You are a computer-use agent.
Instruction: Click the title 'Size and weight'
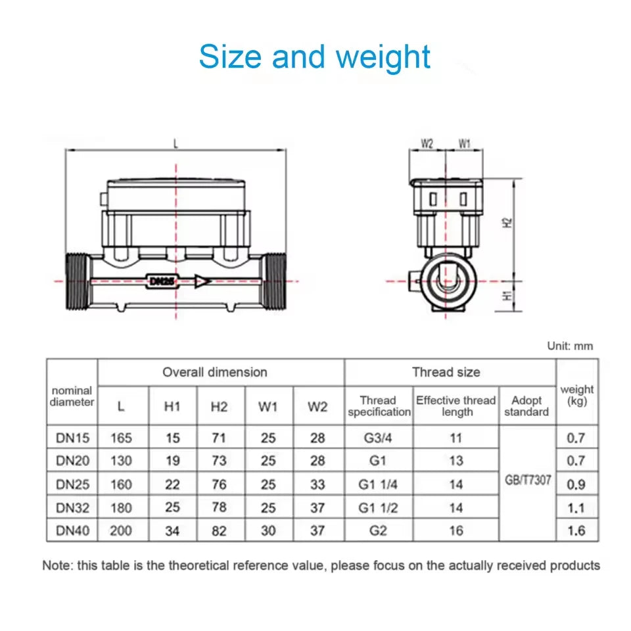315,57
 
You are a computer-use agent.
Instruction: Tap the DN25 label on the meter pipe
160,281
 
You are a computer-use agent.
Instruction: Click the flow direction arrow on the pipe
202,281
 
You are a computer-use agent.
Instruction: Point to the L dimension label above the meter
176,143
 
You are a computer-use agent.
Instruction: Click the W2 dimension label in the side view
427,143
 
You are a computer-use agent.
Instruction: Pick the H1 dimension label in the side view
507,296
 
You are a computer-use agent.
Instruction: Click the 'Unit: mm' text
570,346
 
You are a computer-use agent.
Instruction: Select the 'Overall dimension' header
215,372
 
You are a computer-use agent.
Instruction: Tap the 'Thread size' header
446,372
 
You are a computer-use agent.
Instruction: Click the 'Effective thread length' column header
456,406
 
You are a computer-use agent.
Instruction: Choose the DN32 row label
72,507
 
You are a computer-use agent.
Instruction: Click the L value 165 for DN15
121,438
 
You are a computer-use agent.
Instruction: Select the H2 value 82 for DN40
220,530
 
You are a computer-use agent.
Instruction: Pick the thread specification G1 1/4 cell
378,484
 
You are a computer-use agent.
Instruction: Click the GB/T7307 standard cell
527,480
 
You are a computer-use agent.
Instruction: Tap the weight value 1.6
576,530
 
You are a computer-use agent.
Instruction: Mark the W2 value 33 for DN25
317,484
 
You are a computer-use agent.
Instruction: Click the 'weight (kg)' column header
576,395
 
